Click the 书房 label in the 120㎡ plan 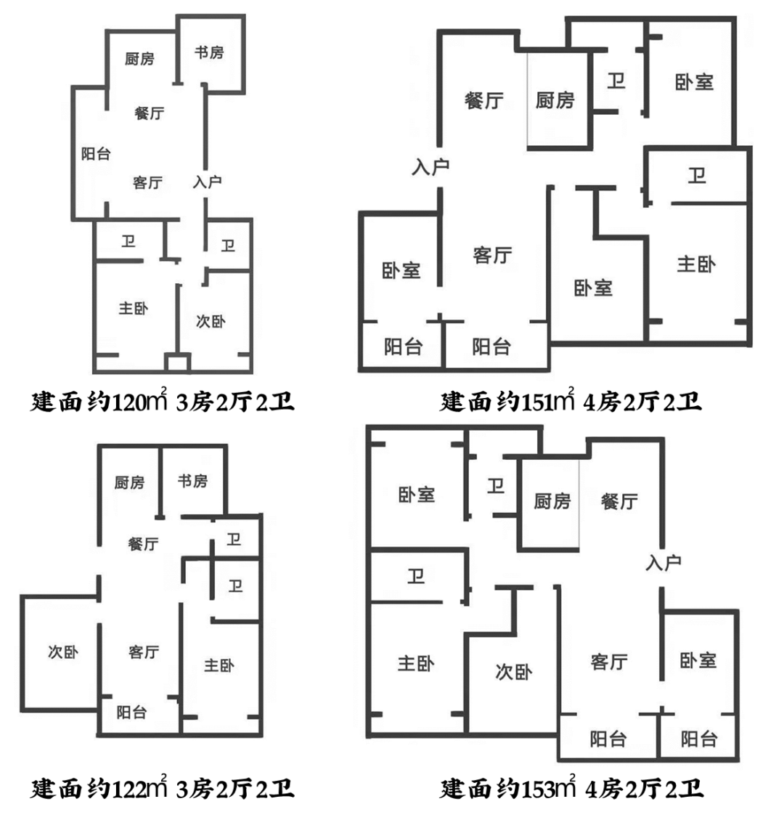click(209, 52)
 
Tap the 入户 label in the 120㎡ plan click(207, 182)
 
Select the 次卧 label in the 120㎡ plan click(211, 320)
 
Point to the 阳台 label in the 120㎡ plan click(96, 154)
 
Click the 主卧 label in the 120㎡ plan click(134, 309)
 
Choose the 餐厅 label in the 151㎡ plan click(484, 100)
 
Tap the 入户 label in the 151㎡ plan click(430, 167)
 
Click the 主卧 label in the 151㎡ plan click(696, 264)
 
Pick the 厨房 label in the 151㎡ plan click(555, 100)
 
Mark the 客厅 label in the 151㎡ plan click(492, 255)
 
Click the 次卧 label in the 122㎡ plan click(63, 652)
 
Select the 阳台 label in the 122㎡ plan click(131, 713)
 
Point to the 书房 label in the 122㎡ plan click(192, 481)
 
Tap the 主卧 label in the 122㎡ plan click(219, 665)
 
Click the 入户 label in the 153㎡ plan click(663, 562)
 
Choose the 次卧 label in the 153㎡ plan click(514, 672)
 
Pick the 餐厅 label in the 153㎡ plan click(619, 501)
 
